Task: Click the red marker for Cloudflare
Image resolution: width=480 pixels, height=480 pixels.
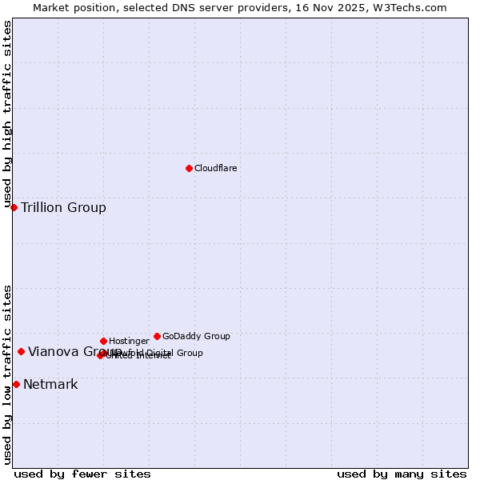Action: point(189,168)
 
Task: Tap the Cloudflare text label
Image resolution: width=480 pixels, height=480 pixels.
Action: point(216,168)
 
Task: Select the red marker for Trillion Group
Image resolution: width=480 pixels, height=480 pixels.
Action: point(14,207)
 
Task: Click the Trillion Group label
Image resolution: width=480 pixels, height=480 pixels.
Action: point(63,208)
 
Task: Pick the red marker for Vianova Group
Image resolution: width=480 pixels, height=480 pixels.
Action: point(21,351)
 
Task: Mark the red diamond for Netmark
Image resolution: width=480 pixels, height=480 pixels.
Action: point(16,384)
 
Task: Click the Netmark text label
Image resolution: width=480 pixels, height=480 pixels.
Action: point(50,385)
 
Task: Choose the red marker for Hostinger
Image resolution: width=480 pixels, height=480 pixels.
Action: point(103,341)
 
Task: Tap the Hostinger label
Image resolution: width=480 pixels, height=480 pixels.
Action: point(129,341)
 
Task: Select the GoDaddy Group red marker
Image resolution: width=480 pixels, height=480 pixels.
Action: point(157,336)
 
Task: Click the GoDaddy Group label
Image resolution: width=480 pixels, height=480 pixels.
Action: point(196,336)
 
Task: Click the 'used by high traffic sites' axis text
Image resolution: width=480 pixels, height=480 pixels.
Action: point(7,114)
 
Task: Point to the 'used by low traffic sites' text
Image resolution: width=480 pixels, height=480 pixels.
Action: point(7,374)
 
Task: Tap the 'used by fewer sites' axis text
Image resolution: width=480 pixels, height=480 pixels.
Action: point(82,474)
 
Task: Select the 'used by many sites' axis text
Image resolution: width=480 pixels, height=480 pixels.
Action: point(402,474)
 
